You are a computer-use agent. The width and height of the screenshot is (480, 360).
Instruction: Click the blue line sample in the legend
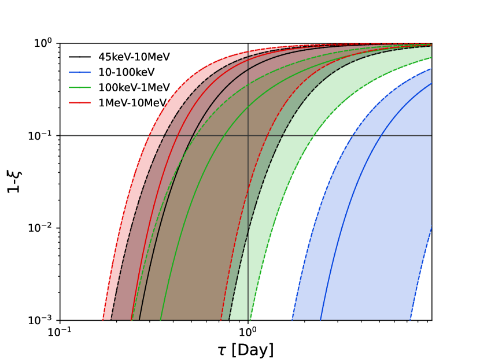tap(80, 72)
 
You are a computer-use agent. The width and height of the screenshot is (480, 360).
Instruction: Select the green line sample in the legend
tap(80, 87)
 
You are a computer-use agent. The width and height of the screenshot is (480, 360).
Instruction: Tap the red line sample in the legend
tap(80, 103)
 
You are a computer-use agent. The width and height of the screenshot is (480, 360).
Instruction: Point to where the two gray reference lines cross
tap(248, 135)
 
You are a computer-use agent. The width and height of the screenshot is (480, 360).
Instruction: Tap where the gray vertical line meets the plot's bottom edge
tap(248, 320)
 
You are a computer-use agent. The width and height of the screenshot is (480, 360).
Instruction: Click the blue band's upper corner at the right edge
tap(430, 69)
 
